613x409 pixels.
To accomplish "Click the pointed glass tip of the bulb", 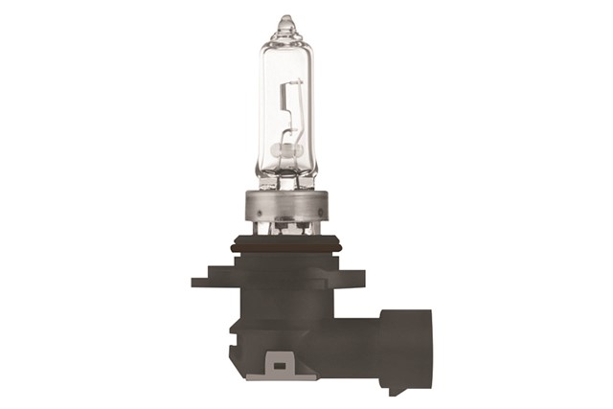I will coord(285,21).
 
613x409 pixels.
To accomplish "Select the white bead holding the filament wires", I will coord(284,150).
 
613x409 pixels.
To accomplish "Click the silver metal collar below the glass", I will coord(285,203).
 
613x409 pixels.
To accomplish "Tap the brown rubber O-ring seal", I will coord(285,248).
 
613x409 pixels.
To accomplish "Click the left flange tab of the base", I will coord(203,281).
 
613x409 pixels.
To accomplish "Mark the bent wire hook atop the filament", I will coord(292,86).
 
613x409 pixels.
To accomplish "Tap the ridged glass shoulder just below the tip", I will coord(285,38).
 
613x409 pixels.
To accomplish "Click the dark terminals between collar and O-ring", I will coord(285,231).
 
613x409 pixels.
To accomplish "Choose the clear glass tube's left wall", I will coord(261,105).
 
